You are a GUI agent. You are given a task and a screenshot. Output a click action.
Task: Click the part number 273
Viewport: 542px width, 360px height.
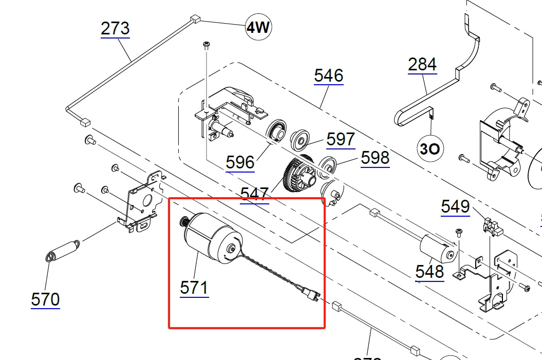point(115,28)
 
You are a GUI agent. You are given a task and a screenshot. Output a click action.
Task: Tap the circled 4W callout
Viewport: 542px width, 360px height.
point(258,27)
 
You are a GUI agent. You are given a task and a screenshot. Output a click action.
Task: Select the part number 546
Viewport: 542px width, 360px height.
point(328,76)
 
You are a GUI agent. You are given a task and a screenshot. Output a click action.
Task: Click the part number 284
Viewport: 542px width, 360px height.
point(422,65)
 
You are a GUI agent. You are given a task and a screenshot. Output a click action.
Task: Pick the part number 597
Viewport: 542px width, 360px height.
point(341,139)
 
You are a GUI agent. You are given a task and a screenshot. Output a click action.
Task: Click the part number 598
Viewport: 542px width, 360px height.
point(375,158)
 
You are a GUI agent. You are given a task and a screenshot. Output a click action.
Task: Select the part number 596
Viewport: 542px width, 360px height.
point(240,163)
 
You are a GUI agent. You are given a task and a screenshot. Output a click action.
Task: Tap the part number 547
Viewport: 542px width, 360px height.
point(254,194)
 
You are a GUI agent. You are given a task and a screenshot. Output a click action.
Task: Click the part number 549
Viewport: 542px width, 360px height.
point(455,206)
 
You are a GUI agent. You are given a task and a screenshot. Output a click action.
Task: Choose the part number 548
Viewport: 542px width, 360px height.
point(429,271)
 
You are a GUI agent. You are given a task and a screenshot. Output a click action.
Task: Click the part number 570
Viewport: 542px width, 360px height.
point(45,299)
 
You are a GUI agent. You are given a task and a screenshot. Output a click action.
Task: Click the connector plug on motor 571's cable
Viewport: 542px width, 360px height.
point(310,296)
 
